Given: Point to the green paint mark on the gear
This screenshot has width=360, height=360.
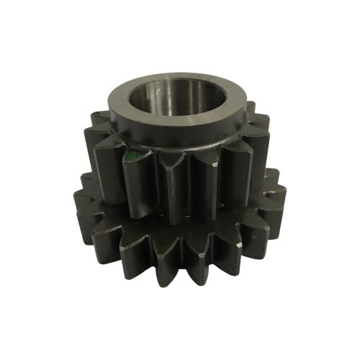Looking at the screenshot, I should pyautogui.click(x=128, y=156).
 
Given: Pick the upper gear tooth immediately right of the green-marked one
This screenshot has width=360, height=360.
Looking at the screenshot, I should pyautogui.click(x=171, y=191).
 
